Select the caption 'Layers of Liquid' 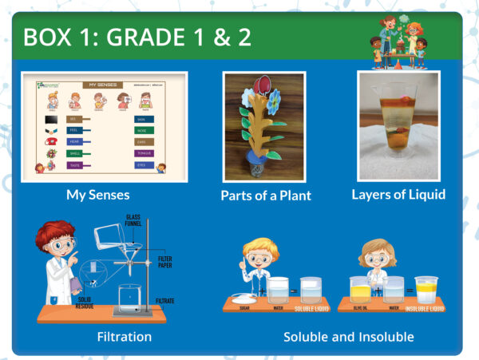(398, 194)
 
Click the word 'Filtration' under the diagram (124, 336)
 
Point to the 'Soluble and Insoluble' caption (349, 337)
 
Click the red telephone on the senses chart (53, 141)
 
